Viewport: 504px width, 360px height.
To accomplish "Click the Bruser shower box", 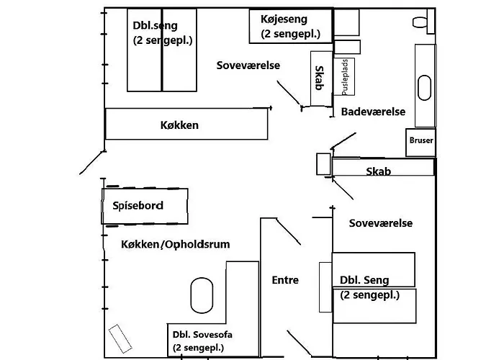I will pyautogui.click(x=420, y=140).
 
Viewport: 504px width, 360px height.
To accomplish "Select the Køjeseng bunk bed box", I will pyautogui.click(x=290, y=27).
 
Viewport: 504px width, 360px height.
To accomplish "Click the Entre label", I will pyautogui.click(x=285, y=280).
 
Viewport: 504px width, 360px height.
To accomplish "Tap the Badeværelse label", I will pyautogui.click(x=373, y=112).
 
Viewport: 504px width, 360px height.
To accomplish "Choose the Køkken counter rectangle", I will pyautogui.click(x=187, y=125).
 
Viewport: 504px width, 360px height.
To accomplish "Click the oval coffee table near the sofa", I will pyautogui.click(x=202, y=296).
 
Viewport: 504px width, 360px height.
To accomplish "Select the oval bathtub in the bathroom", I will pyautogui.click(x=425, y=88).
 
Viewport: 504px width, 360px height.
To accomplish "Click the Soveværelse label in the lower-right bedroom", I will pyautogui.click(x=380, y=223).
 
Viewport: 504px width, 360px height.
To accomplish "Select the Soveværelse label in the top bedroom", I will pyautogui.click(x=248, y=66).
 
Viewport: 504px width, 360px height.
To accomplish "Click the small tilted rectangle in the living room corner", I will pyautogui.click(x=120, y=336).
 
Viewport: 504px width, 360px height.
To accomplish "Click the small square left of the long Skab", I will pyautogui.click(x=323, y=164).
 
